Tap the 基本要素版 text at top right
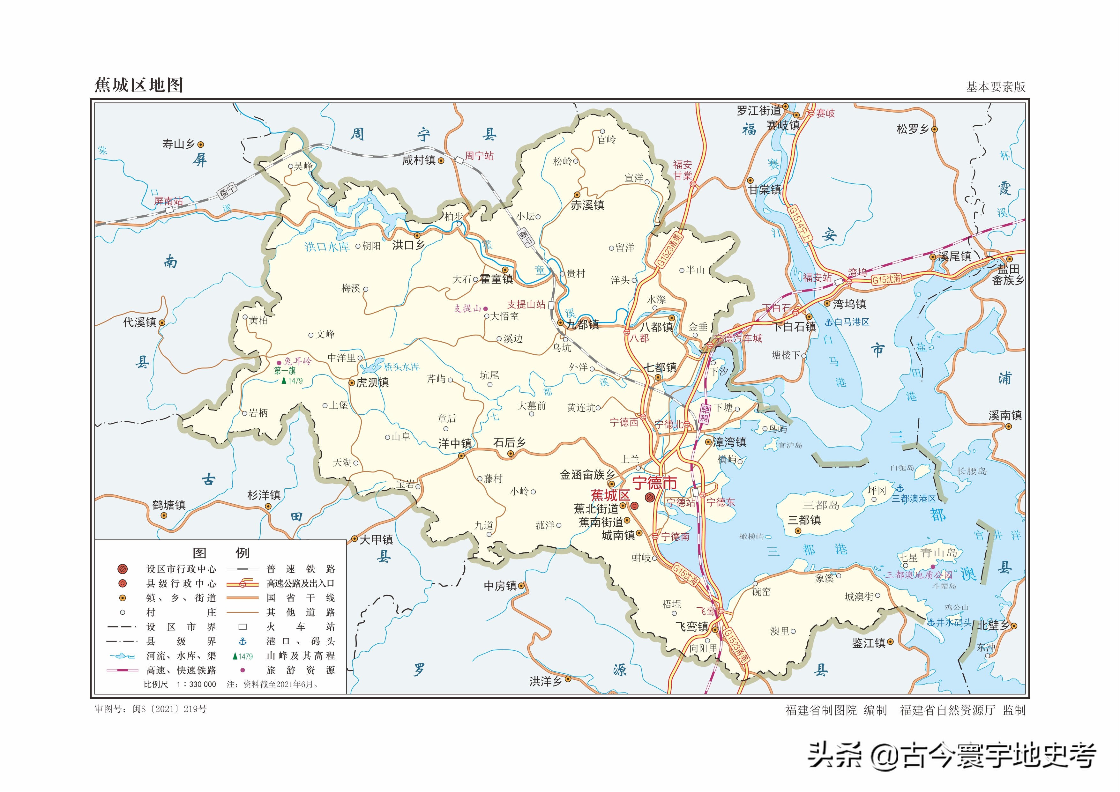pos(995,87)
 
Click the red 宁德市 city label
pos(655,483)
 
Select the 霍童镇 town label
pos(496,279)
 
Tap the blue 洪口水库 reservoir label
pos(327,247)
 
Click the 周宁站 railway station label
pos(479,156)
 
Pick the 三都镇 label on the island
pos(804,520)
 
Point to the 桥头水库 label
pos(401,367)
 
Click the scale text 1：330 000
pos(196,684)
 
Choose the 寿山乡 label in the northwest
pos(179,144)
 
